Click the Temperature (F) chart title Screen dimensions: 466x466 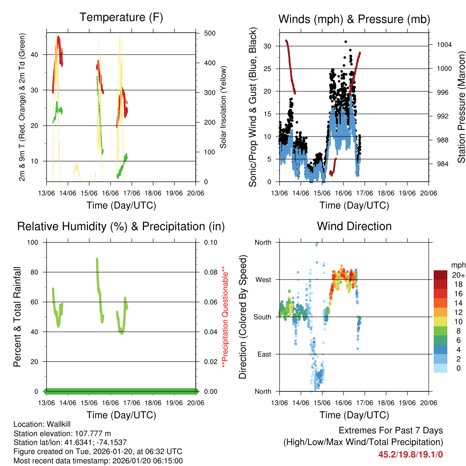[121, 18]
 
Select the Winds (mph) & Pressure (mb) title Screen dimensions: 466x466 [354, 19]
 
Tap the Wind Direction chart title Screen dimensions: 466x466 [354, 226]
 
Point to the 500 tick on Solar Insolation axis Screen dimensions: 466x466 [210, 34]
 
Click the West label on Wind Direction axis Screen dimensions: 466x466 [263, 280]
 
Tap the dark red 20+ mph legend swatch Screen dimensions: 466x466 [441, 275]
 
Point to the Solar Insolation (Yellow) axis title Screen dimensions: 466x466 [223, 107]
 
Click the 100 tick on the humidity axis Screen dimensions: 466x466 [32, 243]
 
